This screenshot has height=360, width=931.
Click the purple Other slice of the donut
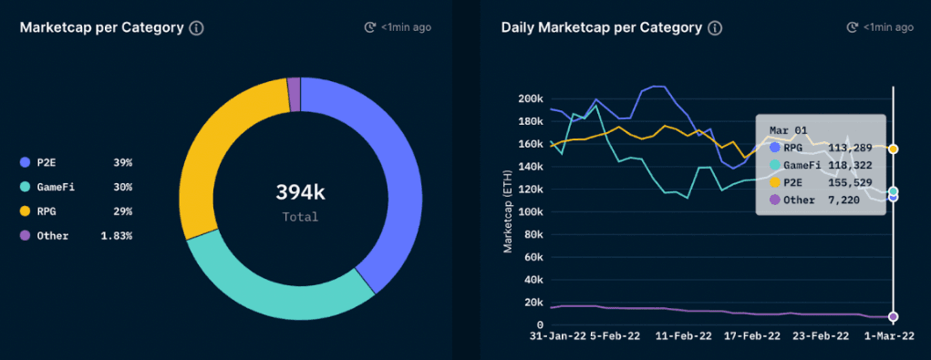pyautogui.click(x=294, y=85)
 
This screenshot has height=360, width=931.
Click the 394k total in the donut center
pyautogui.click(x=300, y=192)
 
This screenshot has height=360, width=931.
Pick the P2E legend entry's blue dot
pyautogui.click(x=25, y=162)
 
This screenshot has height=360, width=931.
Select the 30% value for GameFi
pyautogui.click(x=122, y=187)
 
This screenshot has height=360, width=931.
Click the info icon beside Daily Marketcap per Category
pyautogui.click(x=715, y=27)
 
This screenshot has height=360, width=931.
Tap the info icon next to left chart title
pyautogui.click(x=196, y=27)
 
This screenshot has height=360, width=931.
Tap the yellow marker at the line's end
pyautogui.click(x=894, y=149)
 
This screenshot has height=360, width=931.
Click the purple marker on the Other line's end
pyautogui.click(x=894, y=316)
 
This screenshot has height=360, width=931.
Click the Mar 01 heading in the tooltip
pyautogui.click(x=786, y=129)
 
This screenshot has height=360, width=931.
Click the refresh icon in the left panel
pyautogui.click(x=369, y=27)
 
